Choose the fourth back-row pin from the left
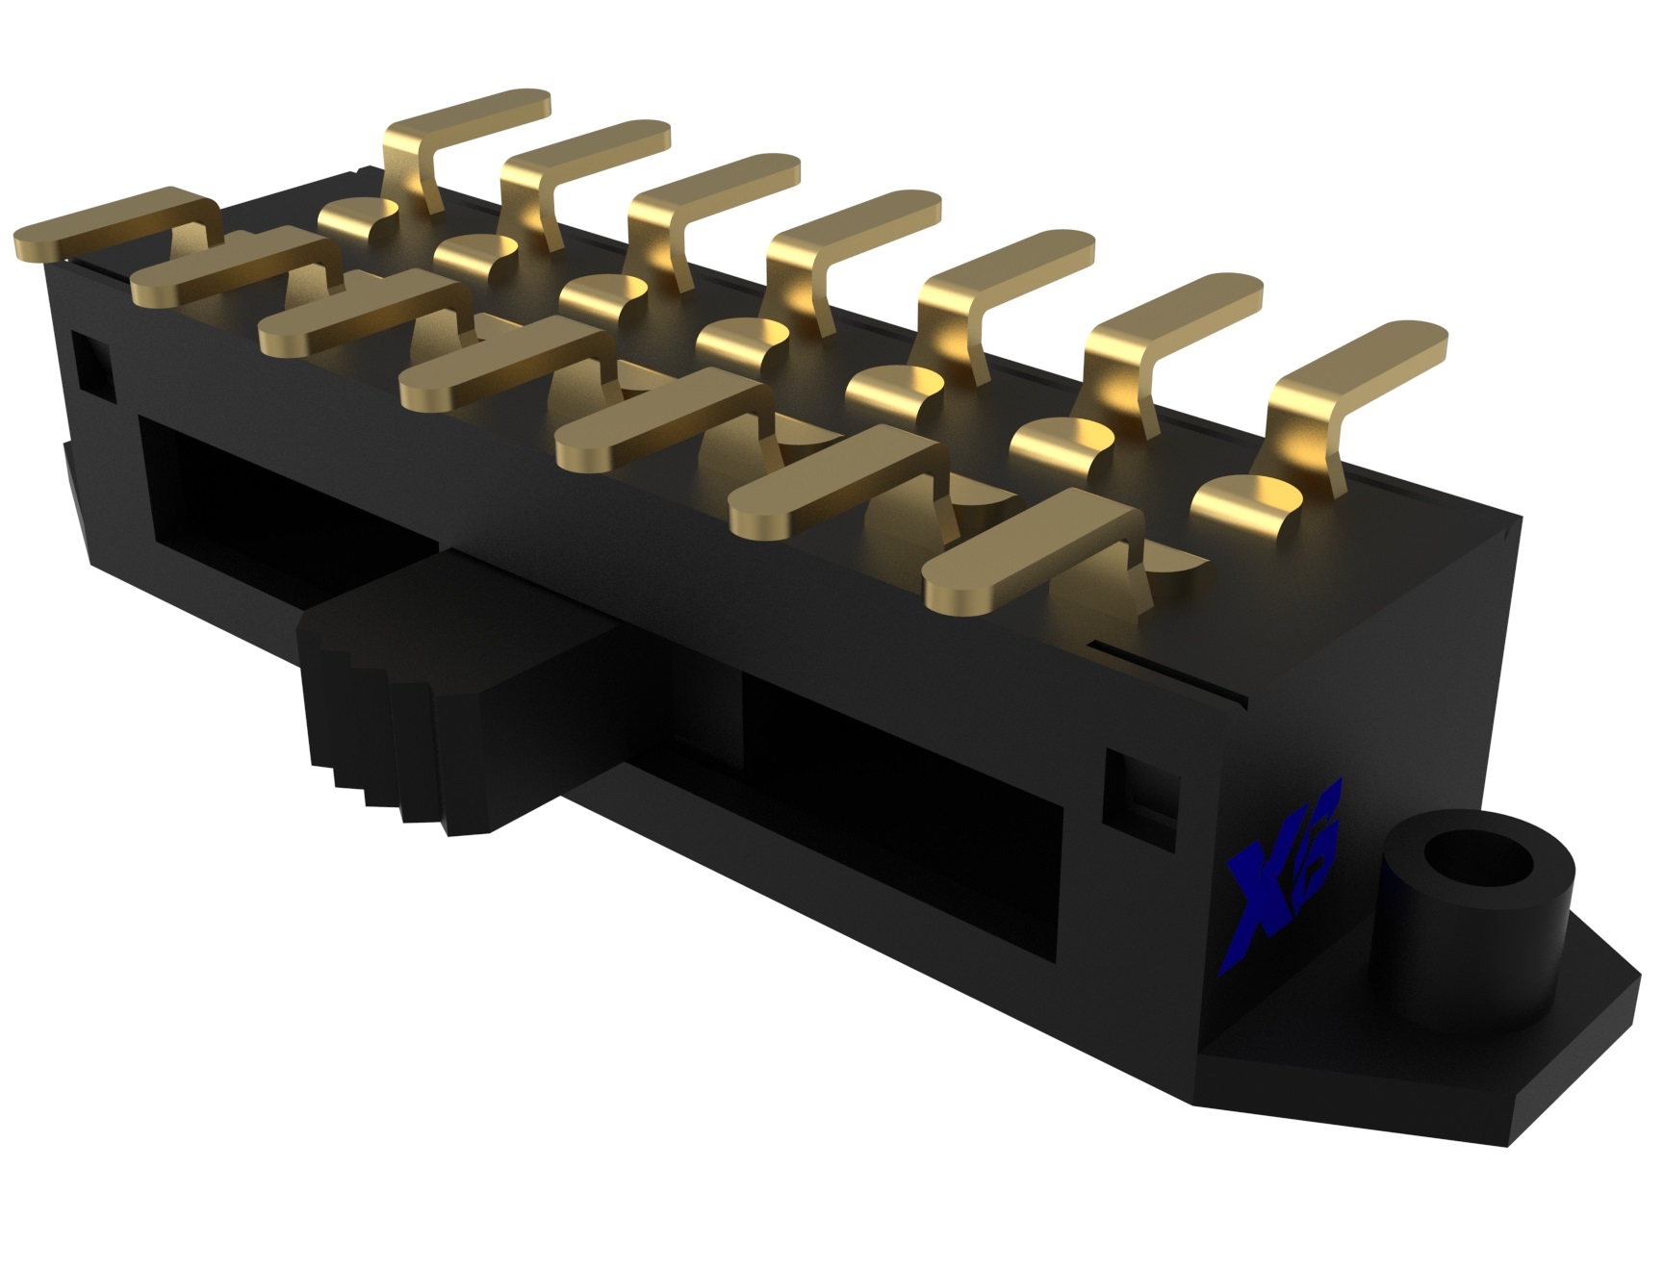tap(857, 231)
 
